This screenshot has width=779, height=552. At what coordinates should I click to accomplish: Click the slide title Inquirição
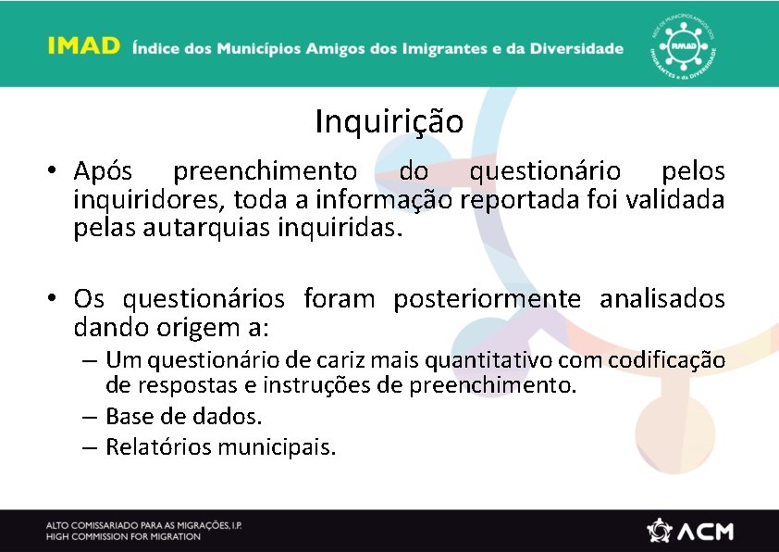click(389, 121)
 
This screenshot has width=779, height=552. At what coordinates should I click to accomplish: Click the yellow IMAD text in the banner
click(84, 46)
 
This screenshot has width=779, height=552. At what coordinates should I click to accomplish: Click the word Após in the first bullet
click(104, 172)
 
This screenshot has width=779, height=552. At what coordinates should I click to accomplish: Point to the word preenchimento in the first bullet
click(265, 172)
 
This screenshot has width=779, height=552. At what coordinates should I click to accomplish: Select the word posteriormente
click(488, 300)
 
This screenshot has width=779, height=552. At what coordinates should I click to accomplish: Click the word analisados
click(662, 300)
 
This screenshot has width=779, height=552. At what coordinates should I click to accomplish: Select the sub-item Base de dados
click(183, 416)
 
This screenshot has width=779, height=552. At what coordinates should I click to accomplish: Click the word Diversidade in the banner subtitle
click(574, 48)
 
